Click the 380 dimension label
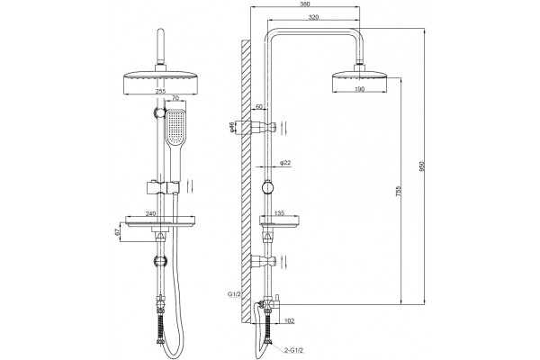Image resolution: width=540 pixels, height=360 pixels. (x=305, y=4)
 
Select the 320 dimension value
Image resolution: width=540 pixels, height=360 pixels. (x=313, y=17)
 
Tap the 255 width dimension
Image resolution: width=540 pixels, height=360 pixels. (x=160, y=91)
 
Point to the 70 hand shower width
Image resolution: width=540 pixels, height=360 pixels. (x=175, y=98)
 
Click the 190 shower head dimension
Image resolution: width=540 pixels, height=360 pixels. (x=359, y=89)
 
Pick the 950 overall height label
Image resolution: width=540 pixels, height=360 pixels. (x=423, y=166)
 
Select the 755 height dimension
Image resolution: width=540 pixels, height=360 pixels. (x=399, y=192)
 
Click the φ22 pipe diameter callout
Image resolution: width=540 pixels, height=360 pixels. (x=286, y=163)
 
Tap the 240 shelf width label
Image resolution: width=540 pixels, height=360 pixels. (x=150, y=213)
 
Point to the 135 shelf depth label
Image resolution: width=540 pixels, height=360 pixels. (x=279, y=213)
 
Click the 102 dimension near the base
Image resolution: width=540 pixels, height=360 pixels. (x=290, y=321)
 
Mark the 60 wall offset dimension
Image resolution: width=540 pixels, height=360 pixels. (x=259, y=106)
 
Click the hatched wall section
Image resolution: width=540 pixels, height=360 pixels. (x=246, y=182)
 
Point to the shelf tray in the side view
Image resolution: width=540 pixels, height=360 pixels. (x=279, y=220)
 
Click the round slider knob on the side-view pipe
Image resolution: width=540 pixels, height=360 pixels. (x=267, y=188)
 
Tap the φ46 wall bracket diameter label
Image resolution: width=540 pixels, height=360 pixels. (x=232, y=127)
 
